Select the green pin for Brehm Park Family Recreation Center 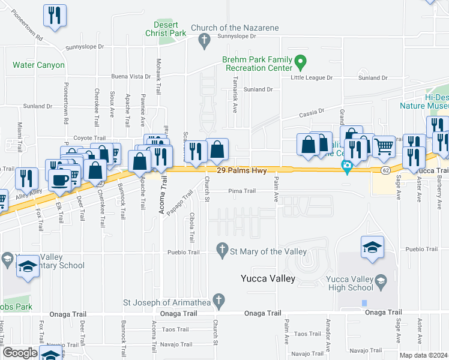click(x=301, y=61)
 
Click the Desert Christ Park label click(x=170, y=28)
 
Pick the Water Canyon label click(x=38, y=65)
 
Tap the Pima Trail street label click(x=241, y=191)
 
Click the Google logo click(x=20, y=353)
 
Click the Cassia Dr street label click(x=312, y=111)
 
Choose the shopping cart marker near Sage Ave click(x=384, y=145)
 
